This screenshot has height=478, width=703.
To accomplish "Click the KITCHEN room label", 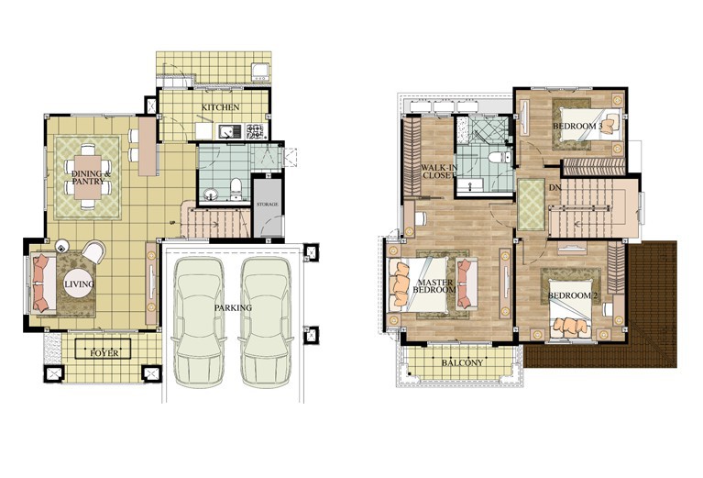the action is tap(220, 107).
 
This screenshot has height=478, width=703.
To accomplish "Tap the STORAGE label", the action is tap(268, 205).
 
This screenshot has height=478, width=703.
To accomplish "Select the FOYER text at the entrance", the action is tap(104, 353).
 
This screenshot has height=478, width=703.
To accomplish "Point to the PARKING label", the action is tap(233, 308).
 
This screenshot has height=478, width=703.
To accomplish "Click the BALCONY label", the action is tap(462, 362).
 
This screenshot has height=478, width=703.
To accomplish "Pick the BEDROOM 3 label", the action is tap(577, 126).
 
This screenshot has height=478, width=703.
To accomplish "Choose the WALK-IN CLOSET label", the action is tap(439, 172).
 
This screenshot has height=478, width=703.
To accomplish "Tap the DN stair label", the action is tap(555, 188).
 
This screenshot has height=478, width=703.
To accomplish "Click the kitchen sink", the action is tap(230, 131).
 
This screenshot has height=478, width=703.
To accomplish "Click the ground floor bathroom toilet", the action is tap(236, 189).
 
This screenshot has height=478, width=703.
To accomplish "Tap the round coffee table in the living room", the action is tap(79, 283).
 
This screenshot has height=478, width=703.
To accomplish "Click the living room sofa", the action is tap(43, 283).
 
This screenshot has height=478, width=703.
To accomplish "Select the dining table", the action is tap(88, 177).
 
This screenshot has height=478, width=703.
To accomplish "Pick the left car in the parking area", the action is tap(199, 321).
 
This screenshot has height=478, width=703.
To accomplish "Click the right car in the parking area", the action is tap(266, 321).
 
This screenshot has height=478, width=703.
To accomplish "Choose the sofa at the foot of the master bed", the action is tap(467, 283).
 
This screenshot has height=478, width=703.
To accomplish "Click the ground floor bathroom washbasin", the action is tap(210, 195).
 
